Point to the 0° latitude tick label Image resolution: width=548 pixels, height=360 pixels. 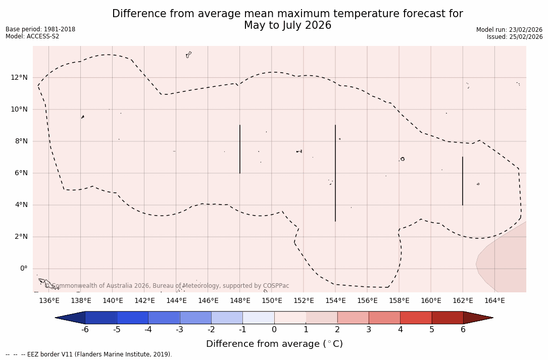23,269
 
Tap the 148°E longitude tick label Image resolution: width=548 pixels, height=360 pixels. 240,301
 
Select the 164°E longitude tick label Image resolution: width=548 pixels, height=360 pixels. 494,301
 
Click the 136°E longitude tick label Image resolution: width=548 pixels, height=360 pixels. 49,301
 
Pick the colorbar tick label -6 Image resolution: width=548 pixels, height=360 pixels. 85,330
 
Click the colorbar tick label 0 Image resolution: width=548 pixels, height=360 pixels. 274,330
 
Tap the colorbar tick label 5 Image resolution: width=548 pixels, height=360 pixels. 432,330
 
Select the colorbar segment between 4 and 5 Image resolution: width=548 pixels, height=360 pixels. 416,318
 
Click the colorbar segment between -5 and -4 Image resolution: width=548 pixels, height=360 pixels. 132,318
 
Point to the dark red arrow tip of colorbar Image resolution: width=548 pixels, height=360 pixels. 477,318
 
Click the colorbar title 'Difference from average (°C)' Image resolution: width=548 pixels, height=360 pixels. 274,344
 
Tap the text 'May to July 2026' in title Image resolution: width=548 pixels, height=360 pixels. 287,25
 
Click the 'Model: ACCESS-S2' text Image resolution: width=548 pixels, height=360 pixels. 32,36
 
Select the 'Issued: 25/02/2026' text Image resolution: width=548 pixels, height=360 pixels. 515,37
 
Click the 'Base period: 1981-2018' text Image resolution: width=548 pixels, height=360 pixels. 40,29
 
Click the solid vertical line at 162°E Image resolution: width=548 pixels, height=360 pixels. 463,181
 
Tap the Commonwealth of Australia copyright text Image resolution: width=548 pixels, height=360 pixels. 167,286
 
